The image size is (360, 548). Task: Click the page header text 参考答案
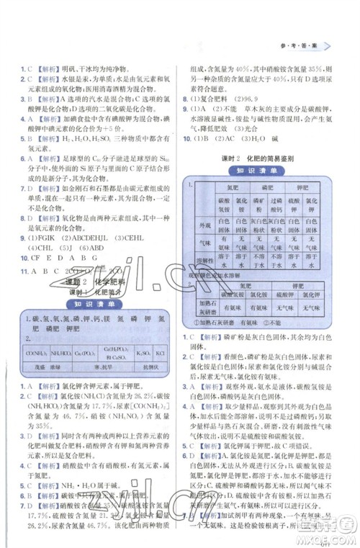pos(303,45)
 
